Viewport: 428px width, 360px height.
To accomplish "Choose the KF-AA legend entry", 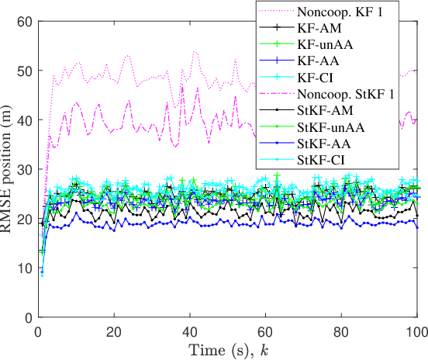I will pos(318,61).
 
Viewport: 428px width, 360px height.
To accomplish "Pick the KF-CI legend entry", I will pos(317,78).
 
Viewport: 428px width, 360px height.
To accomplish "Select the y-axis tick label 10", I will pos(26,268).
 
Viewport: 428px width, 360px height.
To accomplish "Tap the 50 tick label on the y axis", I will pos(26,71).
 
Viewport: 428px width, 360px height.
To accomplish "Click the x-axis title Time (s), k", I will pos(228,348).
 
